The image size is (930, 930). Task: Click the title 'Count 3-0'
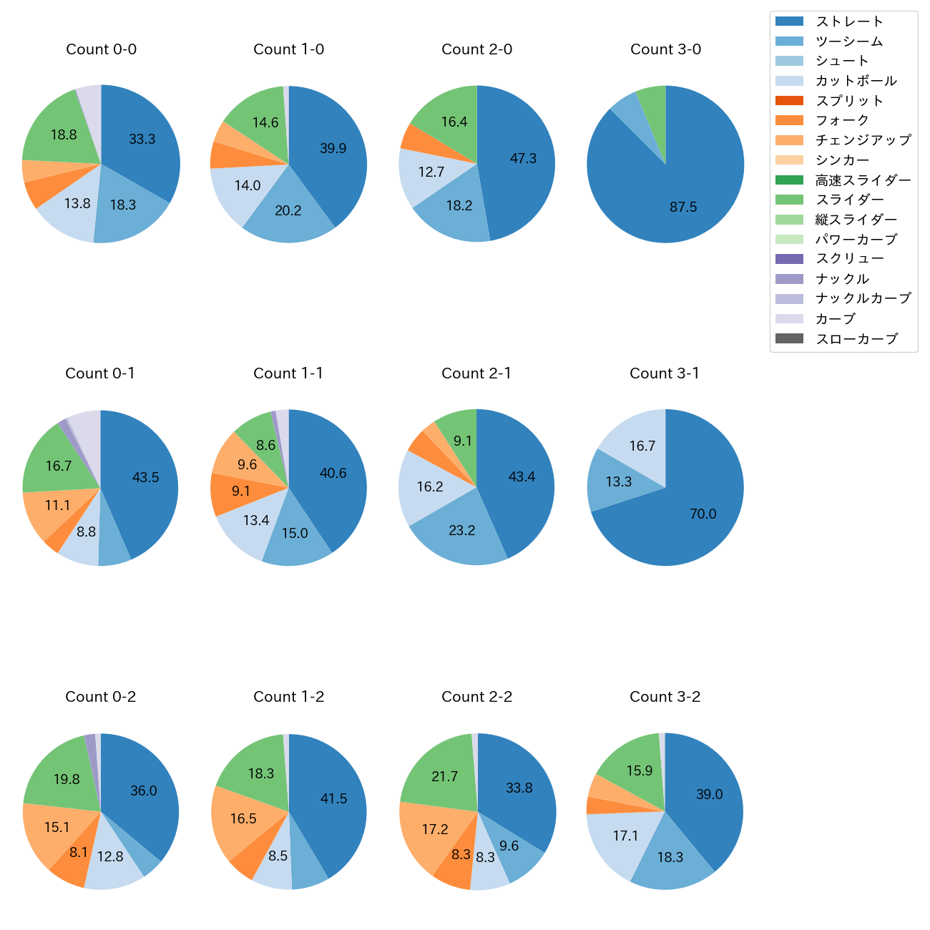pos(665,49)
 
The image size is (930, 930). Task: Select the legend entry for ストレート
pos(849,21)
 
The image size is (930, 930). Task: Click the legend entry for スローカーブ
pos(856,339)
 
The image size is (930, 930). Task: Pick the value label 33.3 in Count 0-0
pos(142,139)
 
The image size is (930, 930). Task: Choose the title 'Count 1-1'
pos(288,373)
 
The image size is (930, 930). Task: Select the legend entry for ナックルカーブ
pos(863,299)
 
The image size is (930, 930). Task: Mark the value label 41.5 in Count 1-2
pos(334,798)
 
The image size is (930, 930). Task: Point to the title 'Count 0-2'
pos(101,697)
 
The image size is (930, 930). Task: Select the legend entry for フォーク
pos(842,121)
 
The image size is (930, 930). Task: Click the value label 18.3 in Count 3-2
pos(670,857)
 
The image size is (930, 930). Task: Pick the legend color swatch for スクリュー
pos(789,259)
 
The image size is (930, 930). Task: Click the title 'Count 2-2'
pos(477,697)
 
